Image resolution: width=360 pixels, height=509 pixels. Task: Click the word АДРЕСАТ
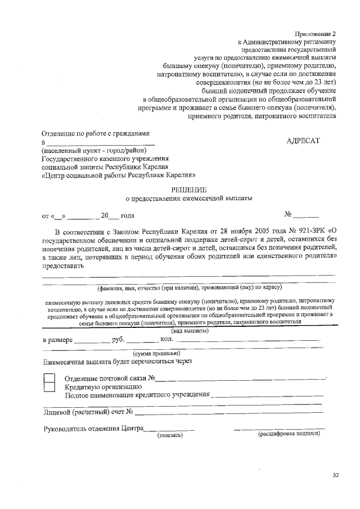[303, 141]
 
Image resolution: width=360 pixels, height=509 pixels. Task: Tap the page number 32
[335, 476]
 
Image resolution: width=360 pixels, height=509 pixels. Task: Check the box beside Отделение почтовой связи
[49, 377]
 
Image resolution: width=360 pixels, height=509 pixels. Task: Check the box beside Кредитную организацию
[49, 386]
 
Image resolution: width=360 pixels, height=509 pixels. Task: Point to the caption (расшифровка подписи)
[289, 434]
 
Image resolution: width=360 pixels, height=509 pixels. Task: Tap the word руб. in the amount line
[118, 340]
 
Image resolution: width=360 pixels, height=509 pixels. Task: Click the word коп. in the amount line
[167, 340]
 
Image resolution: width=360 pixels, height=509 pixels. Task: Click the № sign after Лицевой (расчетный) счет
[129, 412]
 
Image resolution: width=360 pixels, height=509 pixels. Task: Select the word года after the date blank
[127, 215]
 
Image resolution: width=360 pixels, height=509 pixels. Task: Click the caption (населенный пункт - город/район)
[93, 150]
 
